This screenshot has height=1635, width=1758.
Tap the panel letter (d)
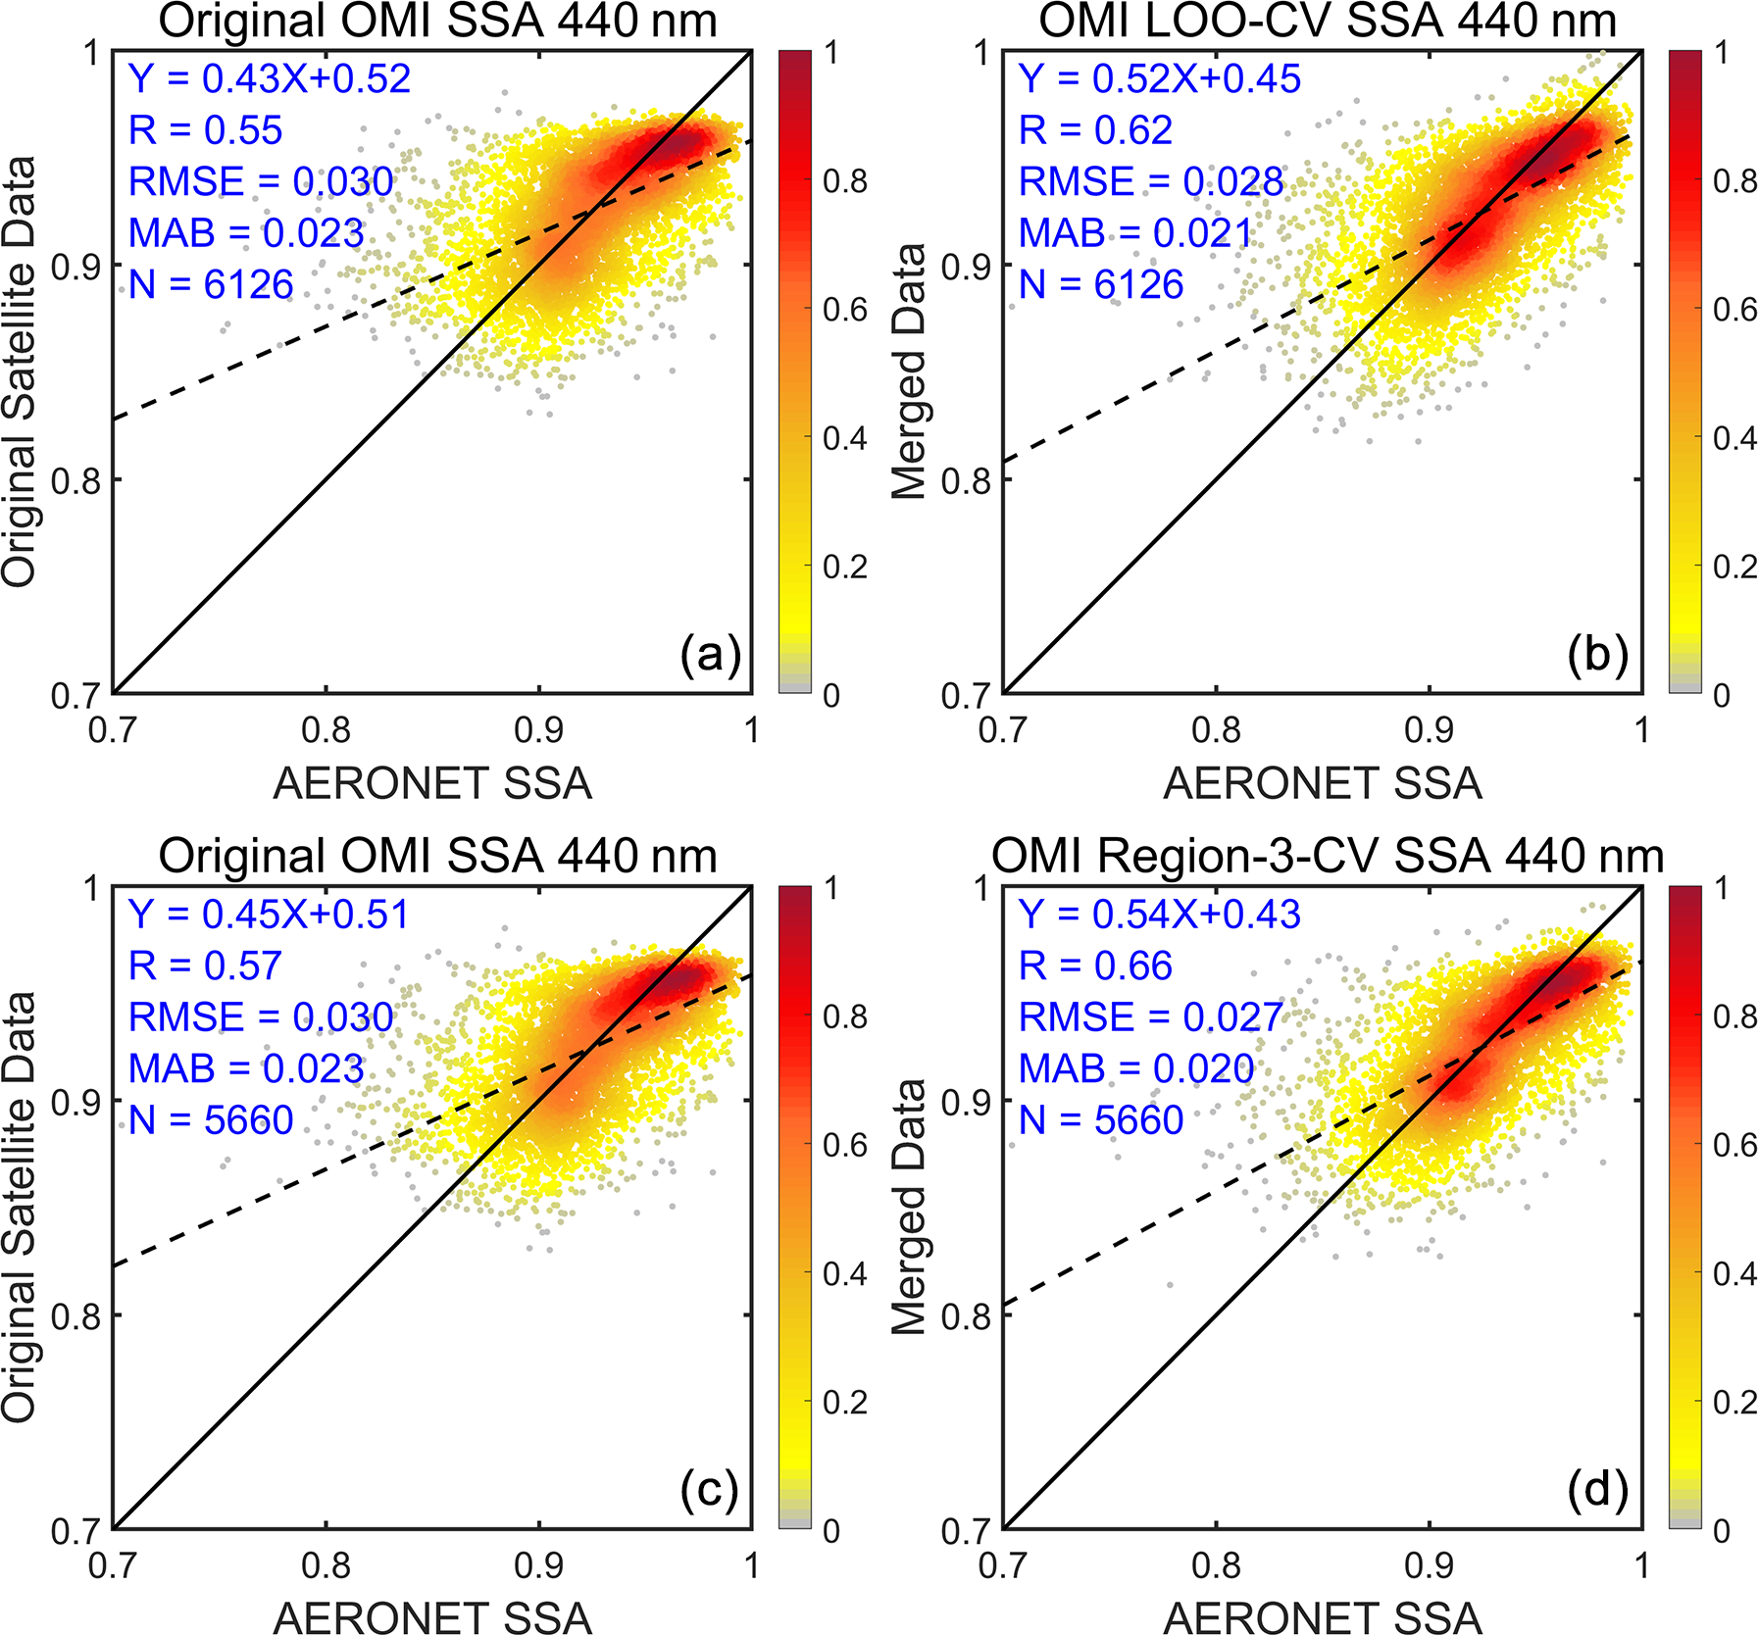(x=1598, y=1490)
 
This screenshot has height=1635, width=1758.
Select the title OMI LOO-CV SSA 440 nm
(x=1327, y=22)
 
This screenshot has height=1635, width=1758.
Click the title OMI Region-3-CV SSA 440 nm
(x=1327, y=857)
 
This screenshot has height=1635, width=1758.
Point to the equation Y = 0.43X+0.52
(x=270, y=79)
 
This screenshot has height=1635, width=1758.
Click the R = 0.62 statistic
(x=1095, y=130)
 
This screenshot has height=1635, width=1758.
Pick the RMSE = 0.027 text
(x=1150, y=1017)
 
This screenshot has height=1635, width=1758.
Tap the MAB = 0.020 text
(x=1135, y=1068)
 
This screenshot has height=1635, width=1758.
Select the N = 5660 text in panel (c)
(x=211, y=1120)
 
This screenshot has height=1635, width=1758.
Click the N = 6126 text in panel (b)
(x=1101, y=285)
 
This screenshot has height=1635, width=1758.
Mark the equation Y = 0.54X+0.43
(x=1159, y=915)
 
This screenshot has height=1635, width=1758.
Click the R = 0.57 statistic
(x=205, y=966)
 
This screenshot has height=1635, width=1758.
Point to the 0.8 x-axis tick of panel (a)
(x=326, y=730)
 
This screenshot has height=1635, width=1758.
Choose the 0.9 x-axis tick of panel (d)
(x=1429, y=1565)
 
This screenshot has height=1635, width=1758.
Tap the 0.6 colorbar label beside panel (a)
(x=845, y=310)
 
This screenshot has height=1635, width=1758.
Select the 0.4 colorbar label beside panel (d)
(x=1734, y=1274)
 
